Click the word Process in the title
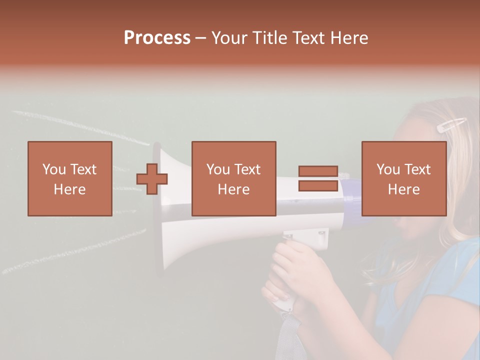[157, 37]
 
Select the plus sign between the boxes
[152, 179]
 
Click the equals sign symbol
[318, 178]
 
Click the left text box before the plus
[70, 178]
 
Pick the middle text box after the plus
[233, 178]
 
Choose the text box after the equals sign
[403, 178]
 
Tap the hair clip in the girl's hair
[451, 124]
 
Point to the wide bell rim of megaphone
[160, 210]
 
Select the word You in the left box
[54, 169]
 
